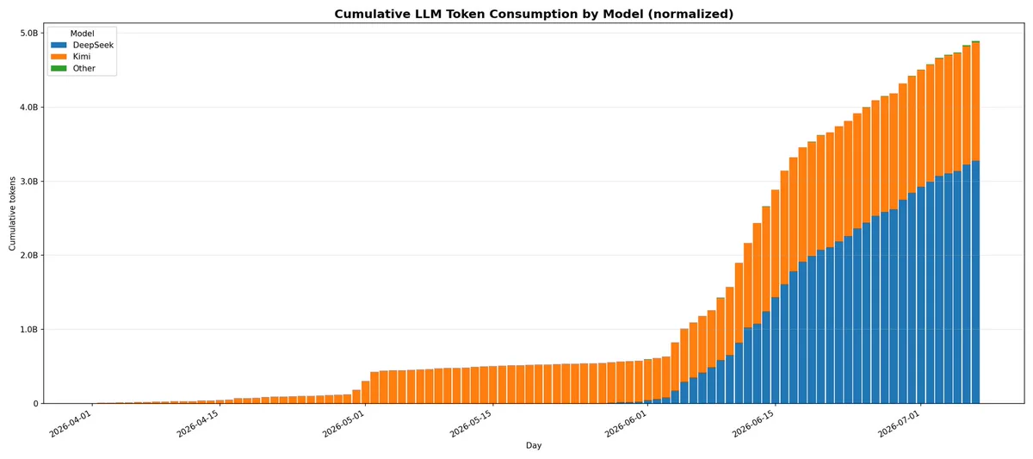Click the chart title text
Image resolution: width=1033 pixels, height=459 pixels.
coord(534,14)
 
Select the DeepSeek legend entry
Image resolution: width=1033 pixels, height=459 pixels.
coord(82,45)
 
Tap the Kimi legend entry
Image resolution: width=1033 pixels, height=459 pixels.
coord(71,57)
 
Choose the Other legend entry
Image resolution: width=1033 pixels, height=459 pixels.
coord(73,68)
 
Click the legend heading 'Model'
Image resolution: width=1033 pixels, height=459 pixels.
coord(82,34)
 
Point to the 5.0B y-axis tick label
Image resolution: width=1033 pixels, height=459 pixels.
coord(28,34)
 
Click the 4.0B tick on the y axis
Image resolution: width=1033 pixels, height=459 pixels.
coord(28,107)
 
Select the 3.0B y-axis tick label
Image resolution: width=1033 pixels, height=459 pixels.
coord(28,182)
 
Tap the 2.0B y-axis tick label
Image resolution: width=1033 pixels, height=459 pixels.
coord(28,255)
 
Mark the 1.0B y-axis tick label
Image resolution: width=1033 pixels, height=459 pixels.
coord(28,329)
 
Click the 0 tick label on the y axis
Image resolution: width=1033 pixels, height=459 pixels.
coord(35,404)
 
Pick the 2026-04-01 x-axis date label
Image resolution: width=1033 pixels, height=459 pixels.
coord(71,424)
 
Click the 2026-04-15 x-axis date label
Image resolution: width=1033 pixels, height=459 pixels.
coord(198,424)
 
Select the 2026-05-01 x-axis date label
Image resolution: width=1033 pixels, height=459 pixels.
coord(343,424)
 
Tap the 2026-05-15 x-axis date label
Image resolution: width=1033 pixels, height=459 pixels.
coord(471,424)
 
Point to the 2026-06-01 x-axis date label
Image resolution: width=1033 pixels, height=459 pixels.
coord(626,424)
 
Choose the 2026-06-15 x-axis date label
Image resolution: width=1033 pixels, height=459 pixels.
coord(753,424)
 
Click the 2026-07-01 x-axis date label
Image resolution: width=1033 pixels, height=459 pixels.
coord(899,424)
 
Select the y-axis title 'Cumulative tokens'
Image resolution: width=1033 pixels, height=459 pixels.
coord(12,214)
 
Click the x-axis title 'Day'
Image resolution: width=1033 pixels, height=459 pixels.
coord(534,445)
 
